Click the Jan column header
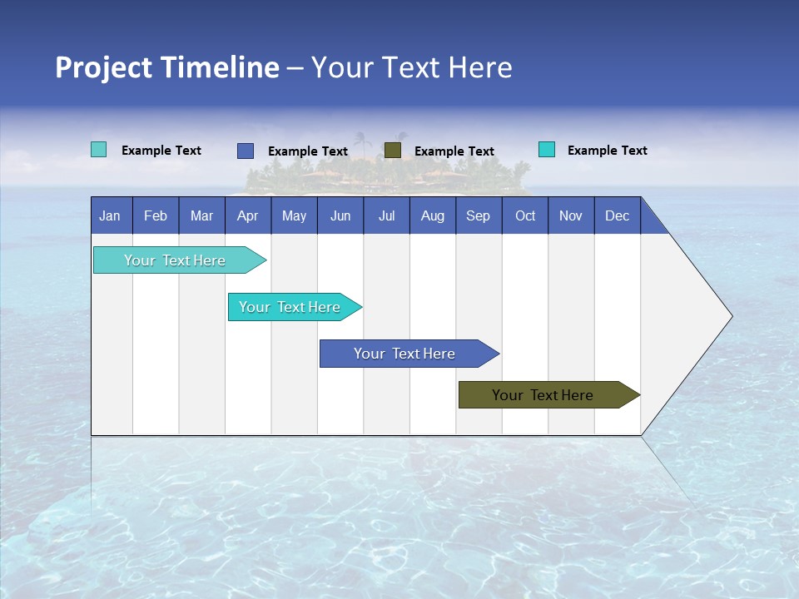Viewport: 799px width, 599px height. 111,215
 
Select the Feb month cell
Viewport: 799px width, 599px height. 156,215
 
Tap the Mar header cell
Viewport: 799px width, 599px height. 201,215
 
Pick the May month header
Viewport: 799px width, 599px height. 294,215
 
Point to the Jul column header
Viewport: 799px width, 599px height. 386,215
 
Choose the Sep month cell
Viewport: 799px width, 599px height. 478,215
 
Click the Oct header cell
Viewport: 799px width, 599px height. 525,215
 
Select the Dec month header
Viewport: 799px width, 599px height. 617,215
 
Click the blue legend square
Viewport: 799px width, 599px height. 246,151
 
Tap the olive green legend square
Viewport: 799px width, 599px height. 393,150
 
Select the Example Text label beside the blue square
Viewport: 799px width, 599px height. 307,151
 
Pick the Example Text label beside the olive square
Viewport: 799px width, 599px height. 454,151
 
